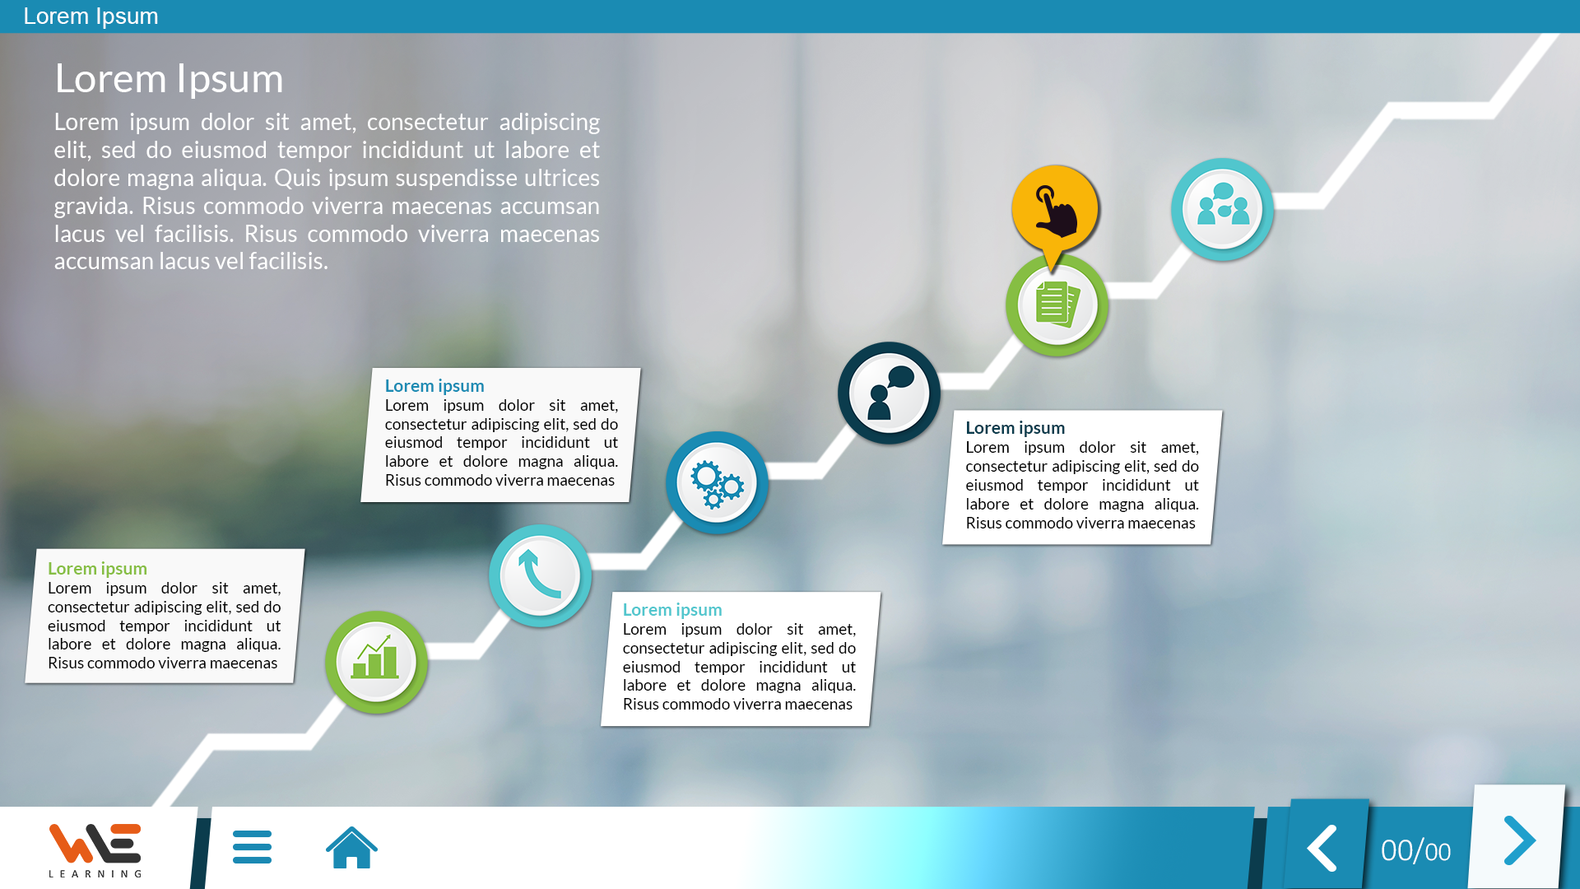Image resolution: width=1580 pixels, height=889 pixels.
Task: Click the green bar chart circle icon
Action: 376,662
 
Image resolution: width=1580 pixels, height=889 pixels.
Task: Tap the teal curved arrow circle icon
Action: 540,575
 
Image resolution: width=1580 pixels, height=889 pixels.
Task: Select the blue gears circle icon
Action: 717,482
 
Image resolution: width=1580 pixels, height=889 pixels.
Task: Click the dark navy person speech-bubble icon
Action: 889,393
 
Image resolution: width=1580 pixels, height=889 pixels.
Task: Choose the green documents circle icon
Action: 1057,305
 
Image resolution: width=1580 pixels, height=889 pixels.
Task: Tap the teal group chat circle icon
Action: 1222,209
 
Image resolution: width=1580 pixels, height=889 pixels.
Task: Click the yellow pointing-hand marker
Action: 1055,212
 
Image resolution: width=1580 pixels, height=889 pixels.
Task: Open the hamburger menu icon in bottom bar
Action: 252,847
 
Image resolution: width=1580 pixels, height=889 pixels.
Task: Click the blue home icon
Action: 351,847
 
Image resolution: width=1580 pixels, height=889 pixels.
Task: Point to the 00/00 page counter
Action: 1415,850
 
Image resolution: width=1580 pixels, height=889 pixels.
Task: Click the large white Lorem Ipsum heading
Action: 169,79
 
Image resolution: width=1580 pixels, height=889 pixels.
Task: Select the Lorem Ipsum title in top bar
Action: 91,16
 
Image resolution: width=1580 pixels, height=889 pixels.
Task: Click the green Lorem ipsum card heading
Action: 97,568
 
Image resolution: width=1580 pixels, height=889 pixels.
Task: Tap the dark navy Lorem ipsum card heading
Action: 1015,427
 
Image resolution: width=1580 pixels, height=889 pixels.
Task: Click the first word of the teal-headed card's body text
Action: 644,629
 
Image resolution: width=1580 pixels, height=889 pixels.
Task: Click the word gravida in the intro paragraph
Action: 94,207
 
